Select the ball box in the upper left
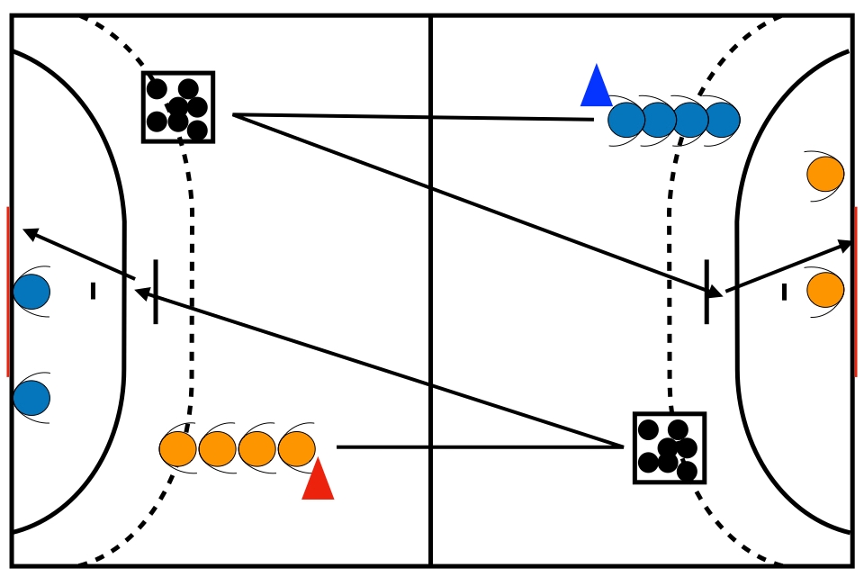[x=178, y=107]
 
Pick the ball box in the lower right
[x=669, y=448]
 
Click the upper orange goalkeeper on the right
[x=824, y=174]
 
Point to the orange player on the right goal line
[x=824, y=290]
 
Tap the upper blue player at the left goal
[x=31, y=292]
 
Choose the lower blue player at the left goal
[x=31, y=398]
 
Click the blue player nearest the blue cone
[x=626, y=120]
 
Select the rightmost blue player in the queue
[x=722, y=120]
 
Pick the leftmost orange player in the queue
[x=178, y=449]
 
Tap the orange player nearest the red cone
[x=297, y=449]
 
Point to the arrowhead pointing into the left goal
[x=30, y=233]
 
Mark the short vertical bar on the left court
[x=156, y=292]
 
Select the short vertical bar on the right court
[x=706, y=292]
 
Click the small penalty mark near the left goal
[x=93, y=291]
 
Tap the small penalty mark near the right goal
[x=784, y=292]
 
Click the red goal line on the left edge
[x=7, y=292]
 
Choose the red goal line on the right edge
[x=856, y=292]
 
